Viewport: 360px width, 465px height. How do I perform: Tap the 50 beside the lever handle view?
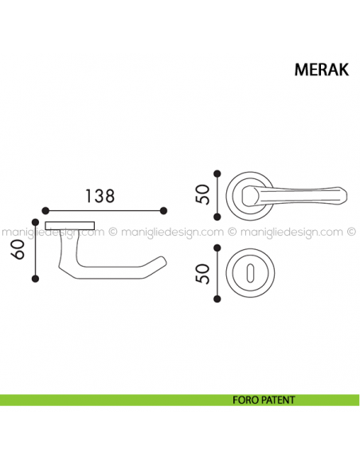pos(203,193)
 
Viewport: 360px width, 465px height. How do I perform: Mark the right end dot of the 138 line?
pos(164,210)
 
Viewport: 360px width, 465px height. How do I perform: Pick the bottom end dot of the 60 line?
pos(35,277)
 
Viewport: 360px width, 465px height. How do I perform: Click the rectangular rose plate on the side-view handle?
pos(70,226)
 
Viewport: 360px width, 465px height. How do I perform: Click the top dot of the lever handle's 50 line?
pos(217,171)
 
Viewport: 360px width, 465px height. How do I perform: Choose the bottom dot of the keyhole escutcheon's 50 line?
pos(217,298)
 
